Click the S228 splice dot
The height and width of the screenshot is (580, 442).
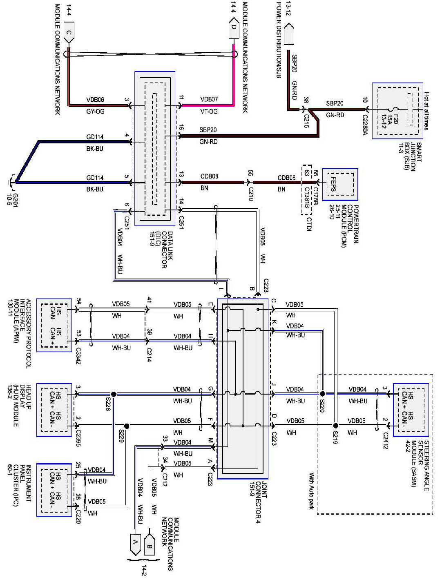click(x=114, y=394)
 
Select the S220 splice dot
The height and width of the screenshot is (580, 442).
click(x=322, y=394)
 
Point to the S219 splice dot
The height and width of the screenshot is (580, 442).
click(x=335, y=425)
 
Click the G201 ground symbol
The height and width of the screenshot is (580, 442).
click(x=12, y=181)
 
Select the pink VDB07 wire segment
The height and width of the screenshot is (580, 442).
click(x=234, y=82)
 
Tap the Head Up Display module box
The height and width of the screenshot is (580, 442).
click(x=54, y=410)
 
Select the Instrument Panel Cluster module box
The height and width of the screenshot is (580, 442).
click(x=54, y=490)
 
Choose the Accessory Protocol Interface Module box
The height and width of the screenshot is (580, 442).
click(x=54, y=325)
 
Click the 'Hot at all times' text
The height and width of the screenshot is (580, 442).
click(x=426, y=111)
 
